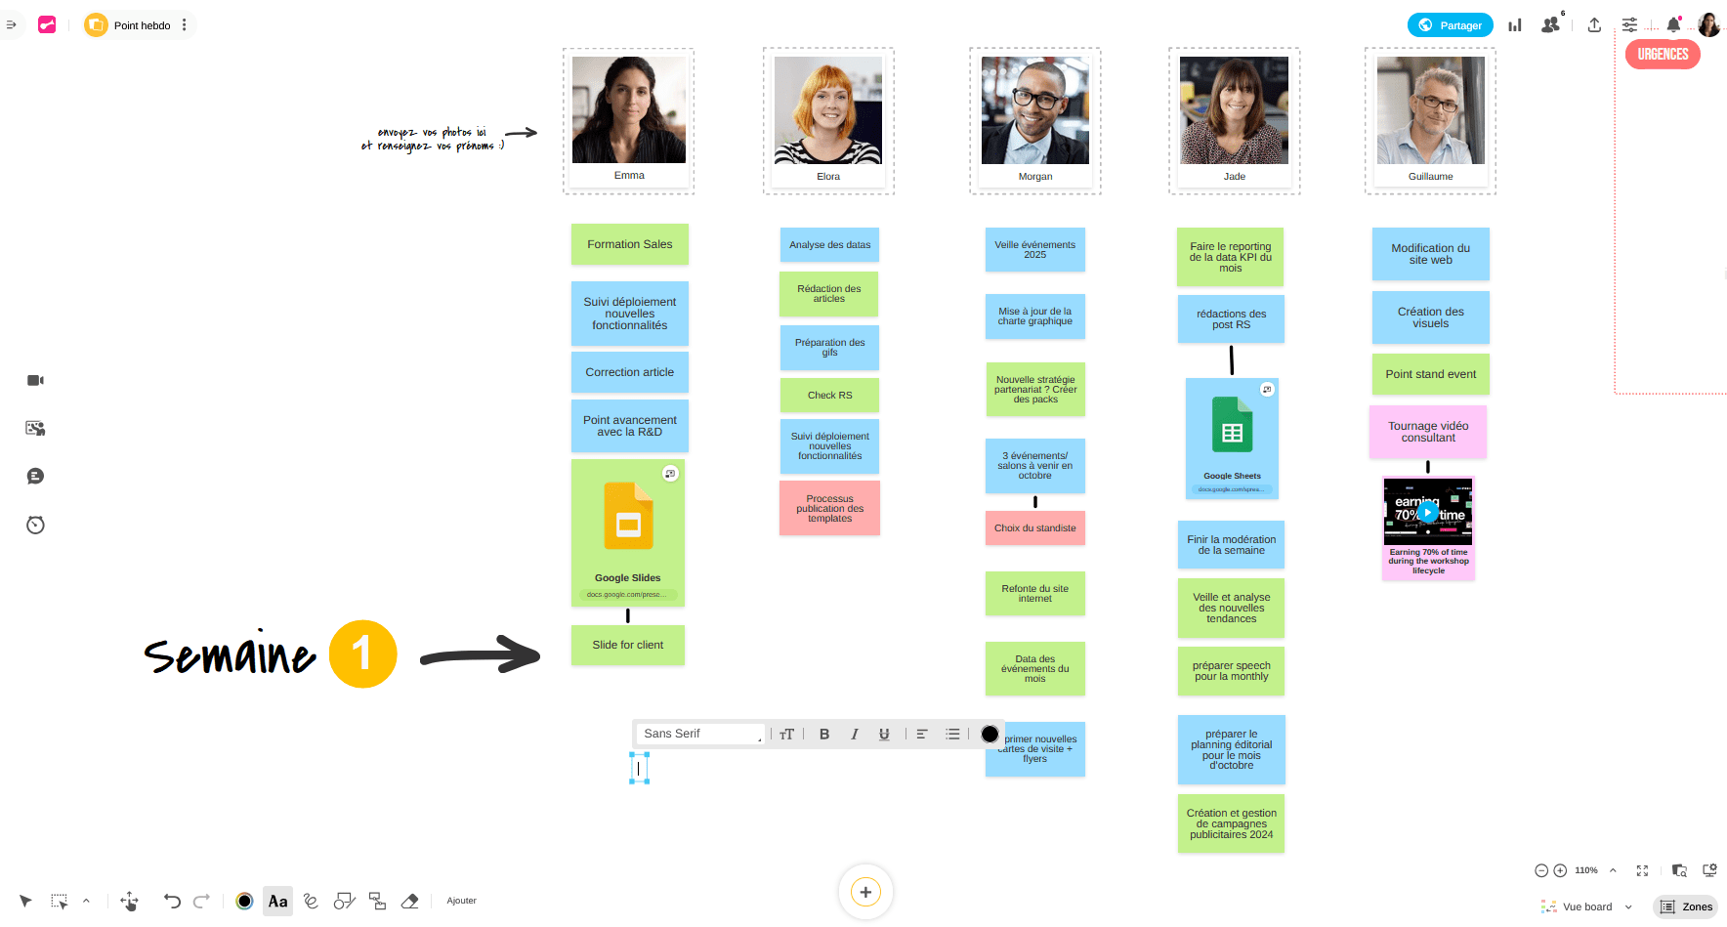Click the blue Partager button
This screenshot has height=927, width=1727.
click(x=1450, y=25)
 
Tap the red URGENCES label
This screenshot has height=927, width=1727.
click(x=1663, y=55)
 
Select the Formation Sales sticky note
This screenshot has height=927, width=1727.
click(x=629, y=244)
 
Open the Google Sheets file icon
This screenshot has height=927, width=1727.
click(x=1232, y=425)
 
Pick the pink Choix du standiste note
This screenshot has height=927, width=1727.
click(x=1034, y=528)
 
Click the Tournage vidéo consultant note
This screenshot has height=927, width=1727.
click(x=1428, y=432)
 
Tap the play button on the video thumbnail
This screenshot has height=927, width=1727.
click(x=1428, y=512)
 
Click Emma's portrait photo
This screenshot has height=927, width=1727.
click(x=629, y=109)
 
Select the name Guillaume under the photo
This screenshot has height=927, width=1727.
click(x=1430, y=177)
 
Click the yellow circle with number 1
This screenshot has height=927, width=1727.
click(x=362, y=653)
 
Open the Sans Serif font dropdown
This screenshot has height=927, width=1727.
click(x=700, y=734)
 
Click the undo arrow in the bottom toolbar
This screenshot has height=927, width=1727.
click(x=172, y=901)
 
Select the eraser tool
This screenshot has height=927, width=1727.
click(x=410, y=901)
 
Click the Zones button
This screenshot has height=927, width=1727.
click(x=1686, y=906)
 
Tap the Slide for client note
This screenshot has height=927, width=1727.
click(x=627, y=645)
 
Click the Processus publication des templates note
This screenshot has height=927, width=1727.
click(x=829, y=508)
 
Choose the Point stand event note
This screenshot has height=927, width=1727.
click(x=1430, y=374)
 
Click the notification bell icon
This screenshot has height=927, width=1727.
click(x=1673, y=25)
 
